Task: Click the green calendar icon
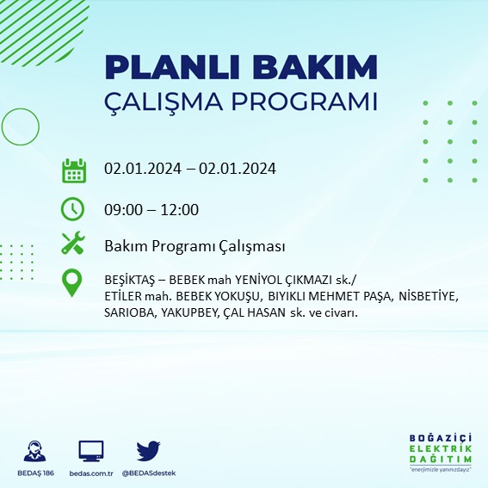(73, 170)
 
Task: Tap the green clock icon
(73, 209)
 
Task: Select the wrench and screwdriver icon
(73, 244)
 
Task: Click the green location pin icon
(73, 282)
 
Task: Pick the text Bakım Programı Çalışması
(195, 247)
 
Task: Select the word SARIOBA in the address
(127, 312)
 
